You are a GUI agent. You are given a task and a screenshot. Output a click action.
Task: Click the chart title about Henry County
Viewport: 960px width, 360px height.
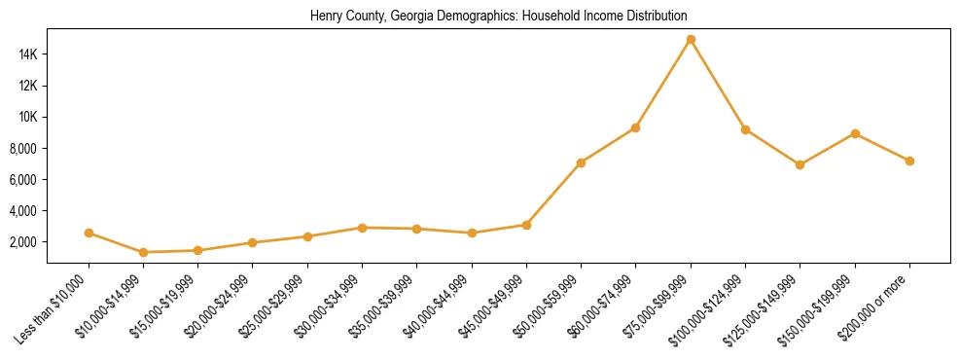pyautogui.click(x=498, y=17)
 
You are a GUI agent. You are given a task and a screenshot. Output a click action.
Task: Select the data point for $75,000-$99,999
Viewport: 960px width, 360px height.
pyautogui.click(x=691, y=40)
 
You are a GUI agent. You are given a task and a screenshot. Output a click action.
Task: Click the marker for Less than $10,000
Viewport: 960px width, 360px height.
pyautogui.click(x=89, y=233)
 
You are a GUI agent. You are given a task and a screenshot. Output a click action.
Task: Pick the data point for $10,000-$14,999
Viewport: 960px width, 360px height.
pyautogui.click(x=144, y=252)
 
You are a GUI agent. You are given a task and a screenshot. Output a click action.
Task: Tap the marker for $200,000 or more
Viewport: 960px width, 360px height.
pyautogui.click(x=909, y=161)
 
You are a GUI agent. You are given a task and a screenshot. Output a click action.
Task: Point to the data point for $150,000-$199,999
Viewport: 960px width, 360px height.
pyautogui.click(x=855, y=133)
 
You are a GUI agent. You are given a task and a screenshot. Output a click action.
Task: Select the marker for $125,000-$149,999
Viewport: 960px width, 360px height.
pyautogui.click(x=800, y=164)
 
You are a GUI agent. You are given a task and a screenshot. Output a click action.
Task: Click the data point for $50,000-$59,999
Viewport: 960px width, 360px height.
pyautogui.click(x=581, y=162)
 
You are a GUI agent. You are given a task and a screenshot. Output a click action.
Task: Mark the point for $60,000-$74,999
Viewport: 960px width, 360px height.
pyautogui.click(x=635, y=127)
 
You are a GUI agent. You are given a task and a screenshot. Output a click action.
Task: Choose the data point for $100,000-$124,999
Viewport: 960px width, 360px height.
pyautogui.click(x=745, y=129)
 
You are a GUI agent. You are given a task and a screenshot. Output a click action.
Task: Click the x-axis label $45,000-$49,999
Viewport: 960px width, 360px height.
pyautogui.click(x=492, y=305)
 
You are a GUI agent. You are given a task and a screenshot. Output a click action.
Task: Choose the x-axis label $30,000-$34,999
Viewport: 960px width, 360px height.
pyautogui.click(x=328, y=305)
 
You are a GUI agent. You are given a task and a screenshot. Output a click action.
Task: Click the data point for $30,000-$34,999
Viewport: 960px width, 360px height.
pyautogui.click(x=362, y=228)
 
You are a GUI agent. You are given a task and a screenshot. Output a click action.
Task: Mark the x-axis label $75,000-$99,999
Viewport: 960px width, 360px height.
pyautogui.click(x=657, y=305)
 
